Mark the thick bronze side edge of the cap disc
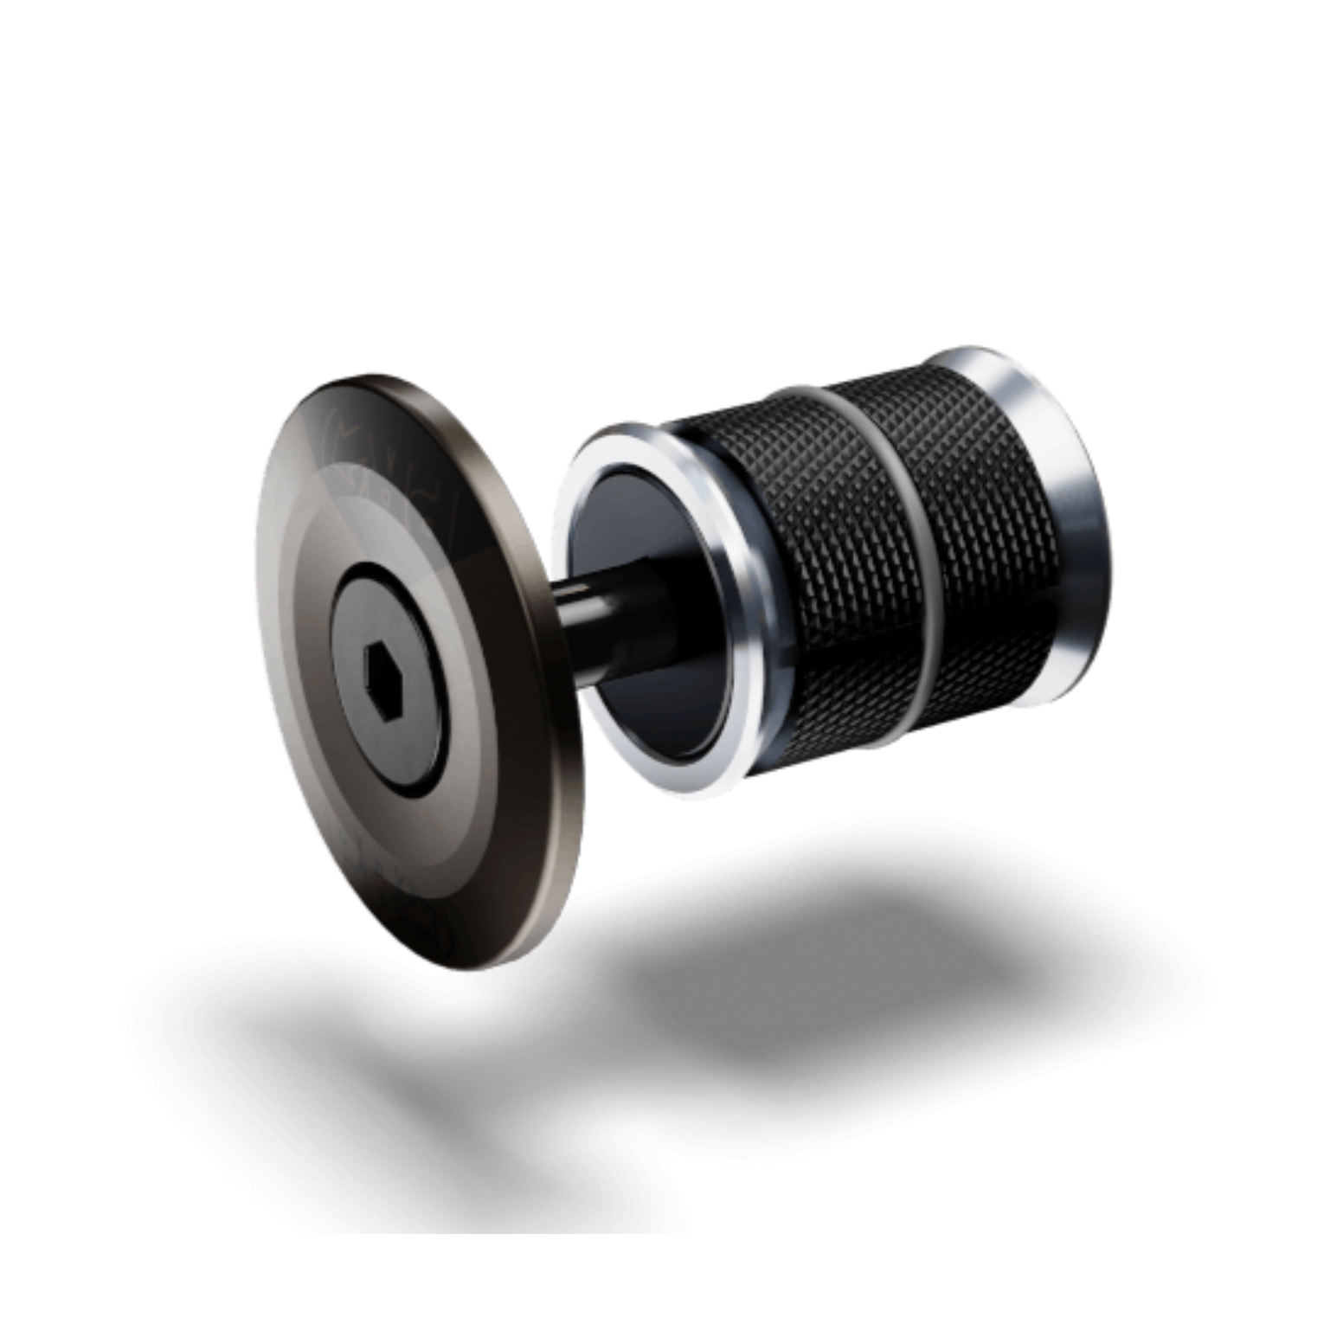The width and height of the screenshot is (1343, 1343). [x=554, y=692]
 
